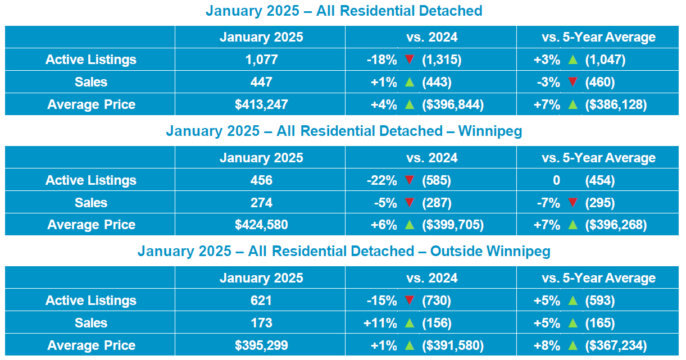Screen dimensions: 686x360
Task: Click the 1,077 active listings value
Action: (261, 60)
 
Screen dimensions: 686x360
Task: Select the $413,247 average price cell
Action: (261, 104)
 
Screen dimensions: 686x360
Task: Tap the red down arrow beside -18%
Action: (410, 59)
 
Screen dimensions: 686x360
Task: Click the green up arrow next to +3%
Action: (573, 60)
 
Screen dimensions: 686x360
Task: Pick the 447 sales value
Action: (261, 82)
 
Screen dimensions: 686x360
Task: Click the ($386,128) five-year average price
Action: (616, 104)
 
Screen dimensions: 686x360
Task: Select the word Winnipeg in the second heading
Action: (490, 131)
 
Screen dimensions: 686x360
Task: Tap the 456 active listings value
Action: (261, 180)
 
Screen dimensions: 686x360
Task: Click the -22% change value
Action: (382, 180)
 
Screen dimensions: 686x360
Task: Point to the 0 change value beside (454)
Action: (556, 180)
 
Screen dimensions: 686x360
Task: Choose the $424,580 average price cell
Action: (261, 225)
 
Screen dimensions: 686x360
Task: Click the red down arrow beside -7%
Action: (573, 202)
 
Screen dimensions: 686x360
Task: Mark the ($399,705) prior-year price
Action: (453, 225)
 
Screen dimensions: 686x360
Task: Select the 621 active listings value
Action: (261, 300)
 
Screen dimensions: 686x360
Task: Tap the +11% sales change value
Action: (380, 323)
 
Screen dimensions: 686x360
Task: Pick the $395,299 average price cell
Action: (261, 345)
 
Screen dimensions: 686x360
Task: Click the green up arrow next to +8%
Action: (573, 345)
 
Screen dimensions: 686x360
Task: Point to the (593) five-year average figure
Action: (599, 300)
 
